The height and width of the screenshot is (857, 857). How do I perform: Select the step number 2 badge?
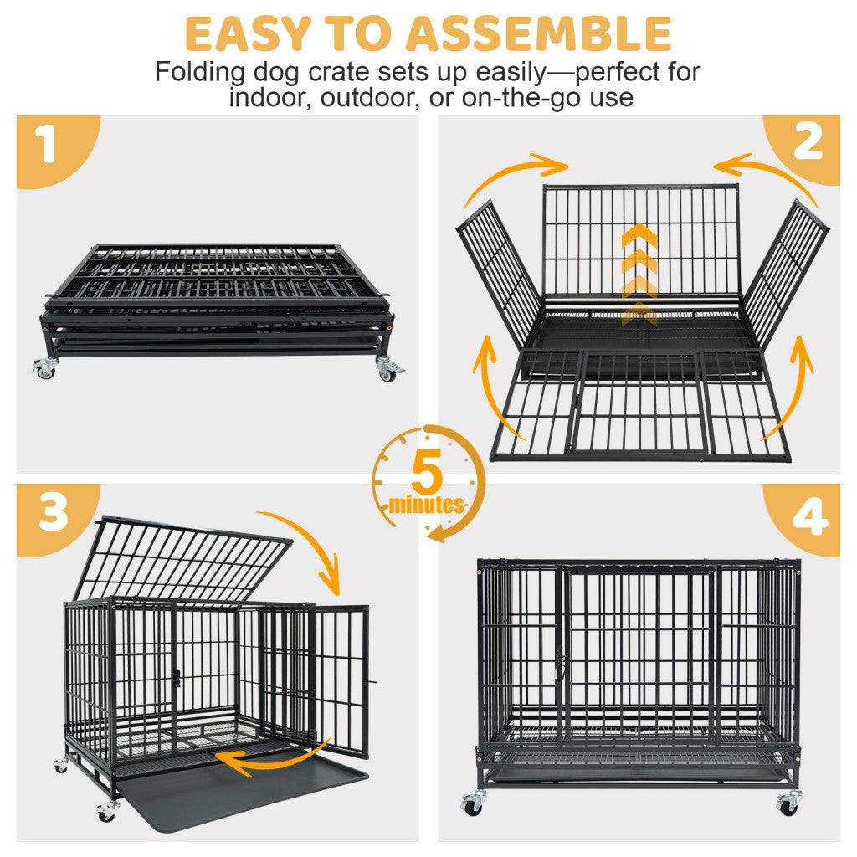(x=808, y=144)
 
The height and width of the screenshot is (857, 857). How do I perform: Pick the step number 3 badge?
(x=52, y=513)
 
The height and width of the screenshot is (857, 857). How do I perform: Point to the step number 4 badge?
(x=808, y=519)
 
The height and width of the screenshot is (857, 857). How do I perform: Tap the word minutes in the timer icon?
(x=426, y=505)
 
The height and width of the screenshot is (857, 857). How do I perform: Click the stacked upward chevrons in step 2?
(x=639, y=276)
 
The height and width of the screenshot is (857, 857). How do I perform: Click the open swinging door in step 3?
(x=339, y=678)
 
